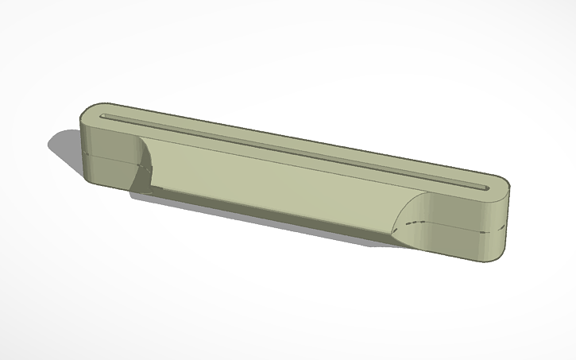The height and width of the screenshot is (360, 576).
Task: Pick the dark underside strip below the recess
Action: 262,211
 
